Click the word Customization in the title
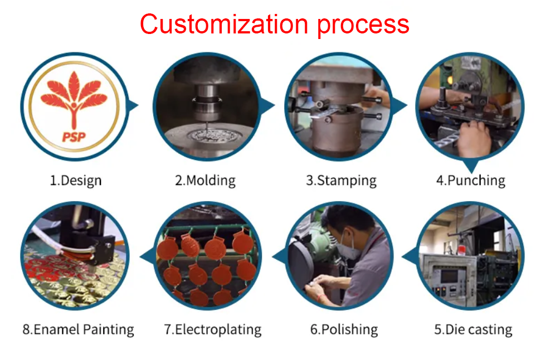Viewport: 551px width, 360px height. coord(224,24)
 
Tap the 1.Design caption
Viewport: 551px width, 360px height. coord(76,181)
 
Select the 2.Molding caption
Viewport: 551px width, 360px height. coord(205,181)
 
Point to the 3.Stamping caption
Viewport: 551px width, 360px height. coord(341,181)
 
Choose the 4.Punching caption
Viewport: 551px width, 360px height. coord(471,181)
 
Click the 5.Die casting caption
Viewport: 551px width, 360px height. coord(473,330)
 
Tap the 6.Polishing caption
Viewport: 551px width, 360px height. coord(344,330)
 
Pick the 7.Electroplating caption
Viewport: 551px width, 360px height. coord(213,330)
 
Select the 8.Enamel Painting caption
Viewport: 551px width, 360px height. coord(78,330)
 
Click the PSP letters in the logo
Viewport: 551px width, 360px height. coord(74,137)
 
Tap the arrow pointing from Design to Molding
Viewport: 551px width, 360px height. coord(133,105)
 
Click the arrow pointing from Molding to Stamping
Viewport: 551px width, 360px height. coord(268,105)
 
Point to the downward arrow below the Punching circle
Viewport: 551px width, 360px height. coord(471,166)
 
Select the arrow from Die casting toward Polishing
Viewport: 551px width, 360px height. coord(409,256)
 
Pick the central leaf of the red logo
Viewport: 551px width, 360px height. coord(74,86)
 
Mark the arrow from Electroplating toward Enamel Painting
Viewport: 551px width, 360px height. coord(147,256)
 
